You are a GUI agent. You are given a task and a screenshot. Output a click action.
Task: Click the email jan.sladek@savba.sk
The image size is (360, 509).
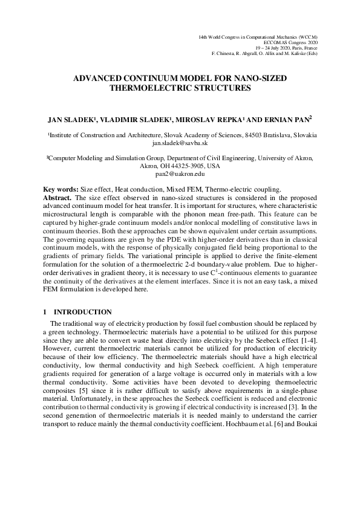point(180,144)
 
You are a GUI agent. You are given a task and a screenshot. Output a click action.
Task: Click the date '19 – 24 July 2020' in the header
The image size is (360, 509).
point(278,48)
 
